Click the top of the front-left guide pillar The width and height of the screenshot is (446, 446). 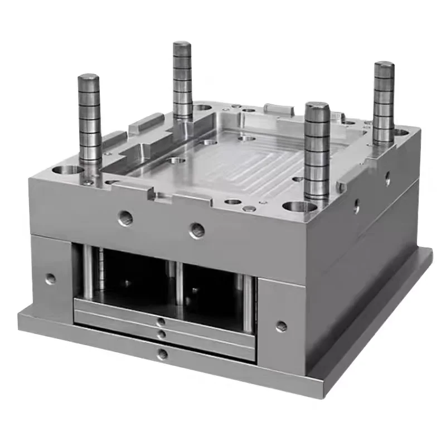(x=89, y=79)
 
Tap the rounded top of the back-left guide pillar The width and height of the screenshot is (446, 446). (x=182, y=46)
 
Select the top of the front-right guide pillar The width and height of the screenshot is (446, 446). (x=317, y=108)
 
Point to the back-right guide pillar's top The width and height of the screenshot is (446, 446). (x=384, y=66)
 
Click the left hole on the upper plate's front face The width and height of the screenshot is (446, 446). (x=125, y=219)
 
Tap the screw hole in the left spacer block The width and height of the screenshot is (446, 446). (x=51, y=278)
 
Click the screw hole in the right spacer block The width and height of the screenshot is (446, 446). (x=282, y=326)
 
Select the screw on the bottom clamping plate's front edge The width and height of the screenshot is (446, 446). (x=162, y=353)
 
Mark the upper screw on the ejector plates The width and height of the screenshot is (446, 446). (x=161, y=322)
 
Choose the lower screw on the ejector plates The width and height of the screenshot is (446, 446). (x=162, y=334)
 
